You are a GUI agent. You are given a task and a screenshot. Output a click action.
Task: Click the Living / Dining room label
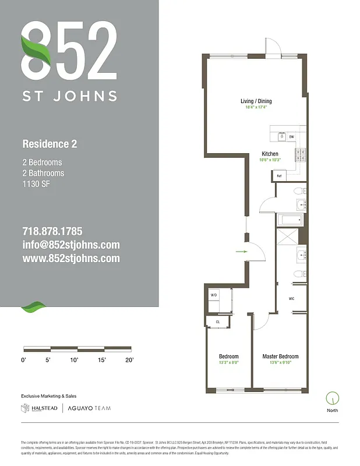click(256, 101)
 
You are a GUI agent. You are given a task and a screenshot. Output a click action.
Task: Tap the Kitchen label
click(270, 154)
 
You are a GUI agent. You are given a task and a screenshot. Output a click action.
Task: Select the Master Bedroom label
click(280, 356)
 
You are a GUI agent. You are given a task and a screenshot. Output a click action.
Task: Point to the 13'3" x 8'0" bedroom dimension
click(228, 363)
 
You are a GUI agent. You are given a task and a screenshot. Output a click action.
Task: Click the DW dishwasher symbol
click(291, 137)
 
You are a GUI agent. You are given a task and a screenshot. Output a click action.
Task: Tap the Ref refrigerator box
click(279, 175)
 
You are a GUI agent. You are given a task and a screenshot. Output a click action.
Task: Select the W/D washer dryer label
click(213, 296)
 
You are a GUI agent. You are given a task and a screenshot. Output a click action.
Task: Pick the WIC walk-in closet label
click(291, 299)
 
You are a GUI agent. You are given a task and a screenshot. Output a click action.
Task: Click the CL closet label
click(218, 321)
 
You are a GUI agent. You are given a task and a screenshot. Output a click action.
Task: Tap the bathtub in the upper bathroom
click(290, 220)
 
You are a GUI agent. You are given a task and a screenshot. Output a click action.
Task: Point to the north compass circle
click(333, 398)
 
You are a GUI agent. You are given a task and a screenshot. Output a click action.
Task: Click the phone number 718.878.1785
click(52, 231)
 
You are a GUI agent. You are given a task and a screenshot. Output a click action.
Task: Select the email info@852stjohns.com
click(70, 245)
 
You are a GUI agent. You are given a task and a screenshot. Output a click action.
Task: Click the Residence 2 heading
click(50, 144)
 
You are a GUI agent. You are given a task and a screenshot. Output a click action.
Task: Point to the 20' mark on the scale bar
click(129, 361)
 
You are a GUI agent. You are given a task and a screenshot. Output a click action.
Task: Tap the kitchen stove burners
click(300, 155)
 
